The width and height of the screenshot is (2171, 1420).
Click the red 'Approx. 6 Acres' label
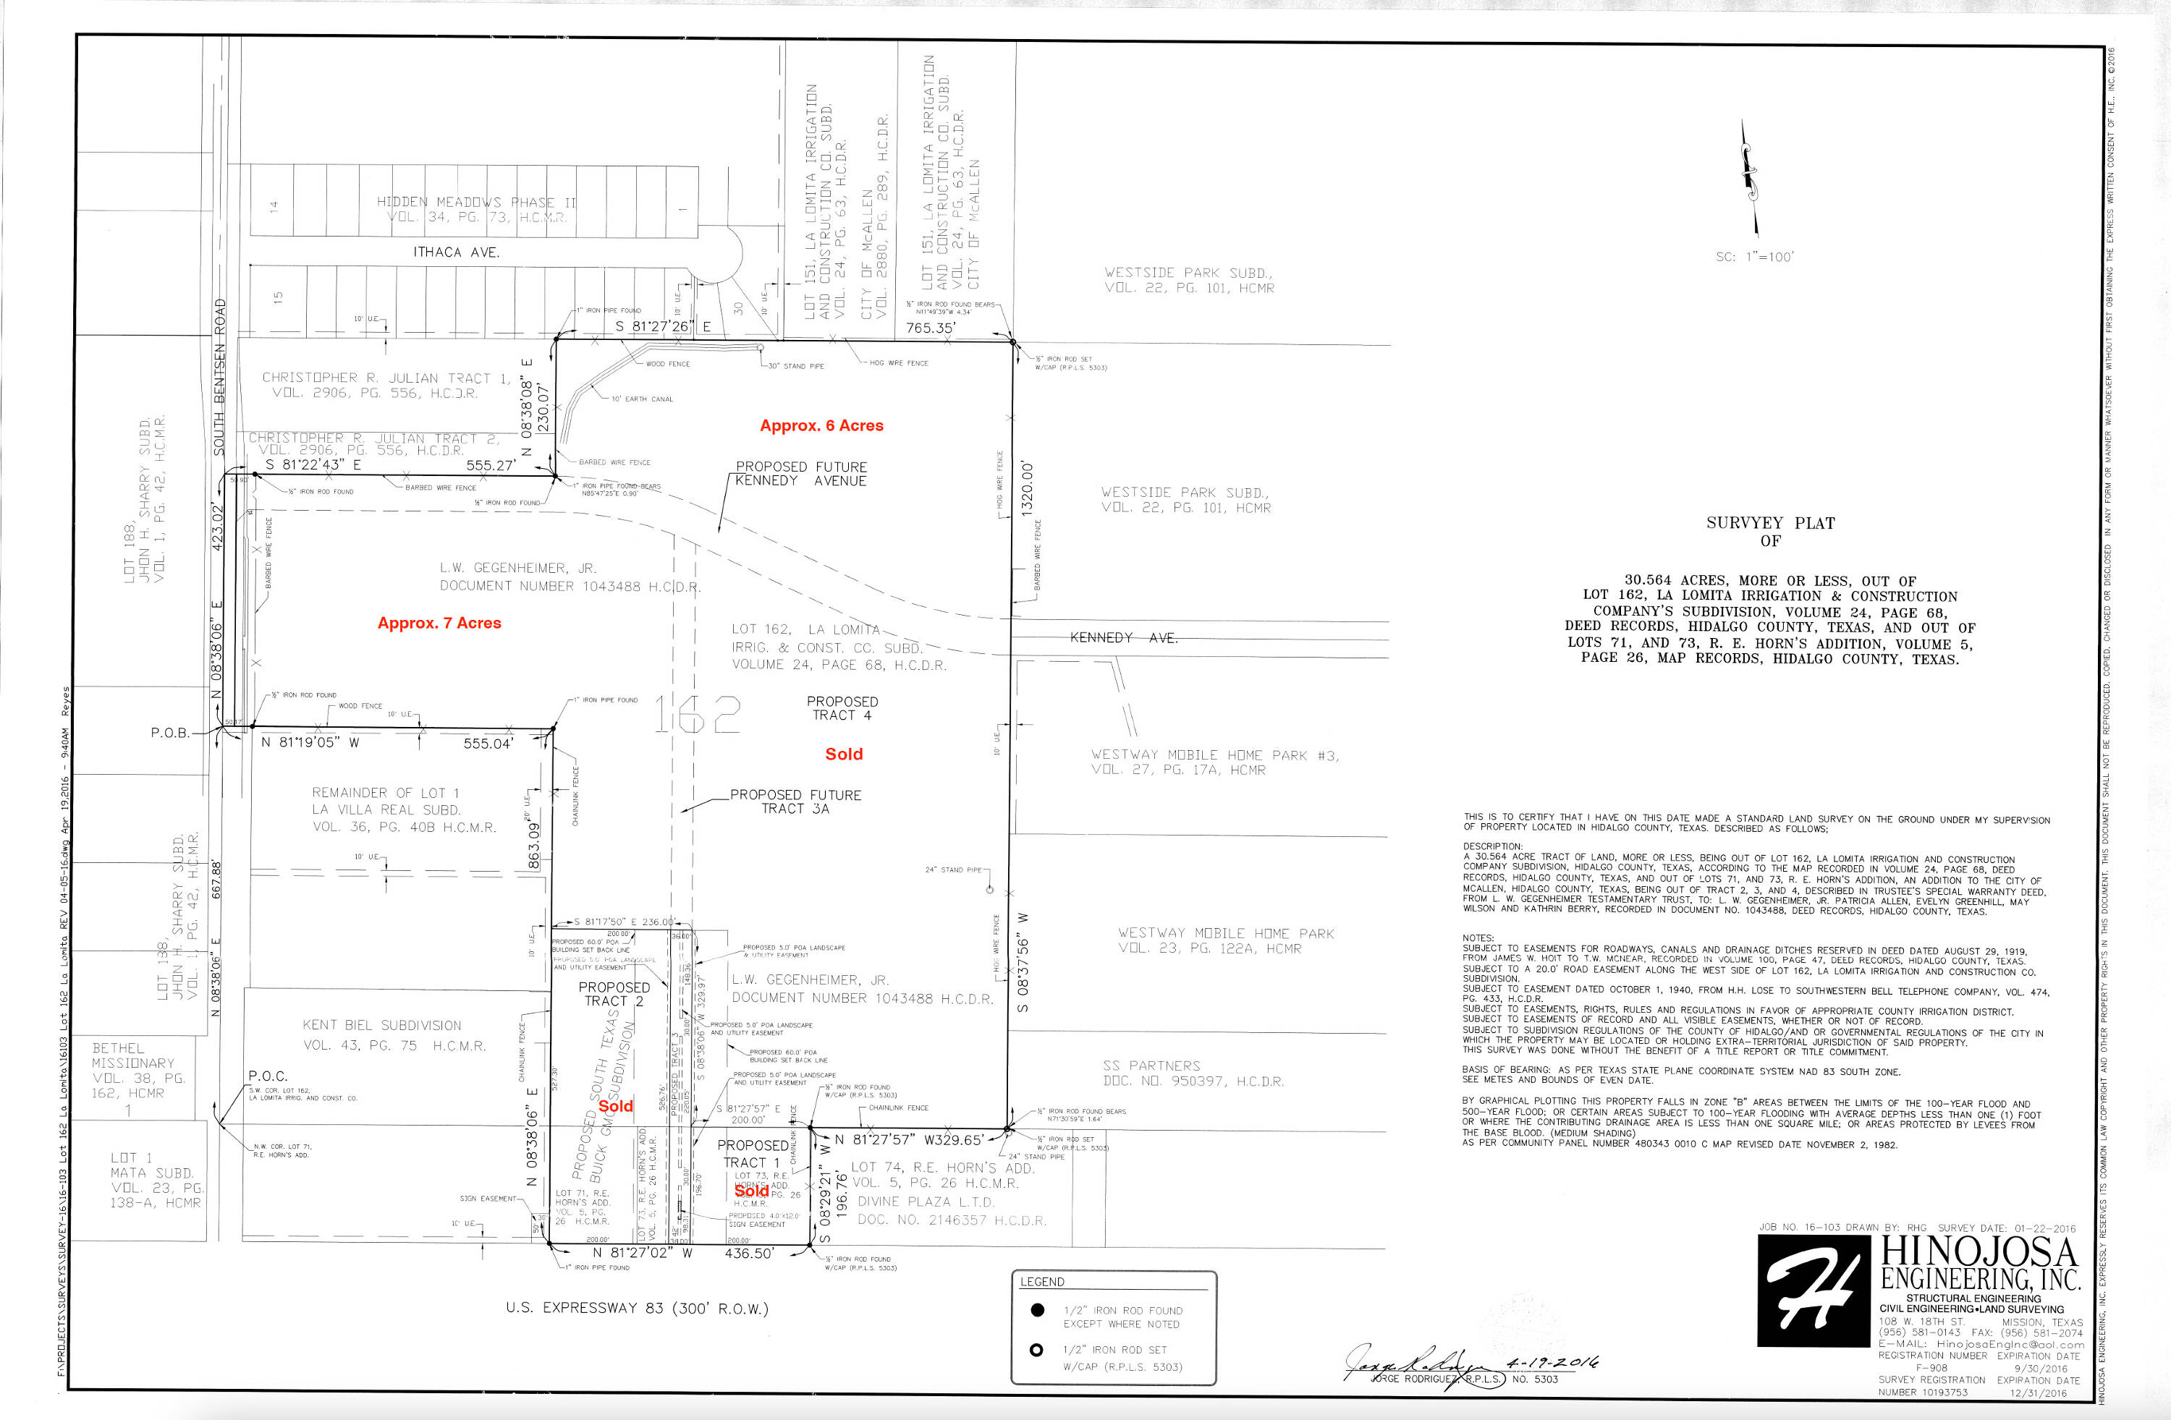821,425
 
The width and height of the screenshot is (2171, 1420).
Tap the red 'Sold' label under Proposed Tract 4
844,754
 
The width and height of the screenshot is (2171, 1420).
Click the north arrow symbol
1748,179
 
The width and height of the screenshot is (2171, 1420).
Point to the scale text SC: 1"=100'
1753,258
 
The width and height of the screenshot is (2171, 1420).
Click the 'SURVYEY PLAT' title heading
1769,522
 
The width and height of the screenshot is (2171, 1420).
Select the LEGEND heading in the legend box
1041,1281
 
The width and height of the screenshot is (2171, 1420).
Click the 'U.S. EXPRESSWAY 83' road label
637,1308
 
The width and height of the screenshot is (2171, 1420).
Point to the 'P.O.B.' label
169,732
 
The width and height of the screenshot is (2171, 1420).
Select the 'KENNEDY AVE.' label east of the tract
1123,637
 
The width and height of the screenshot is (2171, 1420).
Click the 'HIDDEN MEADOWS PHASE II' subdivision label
476,202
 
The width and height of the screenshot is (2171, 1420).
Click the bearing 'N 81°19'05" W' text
310,742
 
